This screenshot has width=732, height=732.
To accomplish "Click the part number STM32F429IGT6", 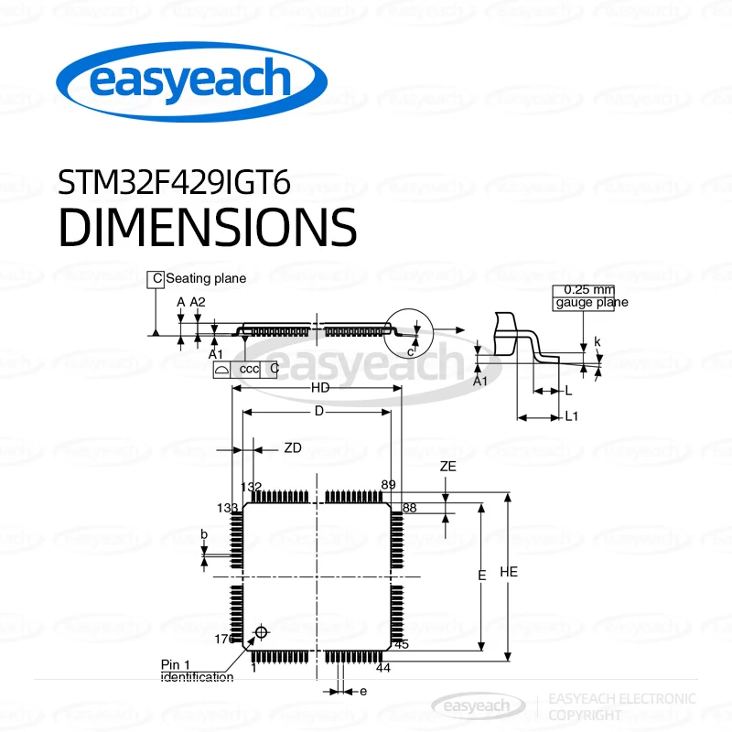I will [174, 182].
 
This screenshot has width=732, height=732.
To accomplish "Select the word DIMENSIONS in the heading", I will [208, 227].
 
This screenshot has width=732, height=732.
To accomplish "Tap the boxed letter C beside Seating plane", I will [156, 278].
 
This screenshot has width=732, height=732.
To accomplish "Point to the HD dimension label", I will [319, 388].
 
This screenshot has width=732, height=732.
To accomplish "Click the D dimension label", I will [319, 412].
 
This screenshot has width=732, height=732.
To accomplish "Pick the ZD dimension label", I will [292, 448].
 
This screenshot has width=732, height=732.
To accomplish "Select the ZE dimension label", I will [447, 466].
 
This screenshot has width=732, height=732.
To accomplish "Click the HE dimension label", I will [510, 572].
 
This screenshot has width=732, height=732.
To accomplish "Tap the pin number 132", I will [251, 487].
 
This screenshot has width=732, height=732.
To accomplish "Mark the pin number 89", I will [388, 485].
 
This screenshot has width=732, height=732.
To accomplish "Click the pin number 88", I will [409, 507].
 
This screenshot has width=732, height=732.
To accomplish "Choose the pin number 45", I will [402, 643].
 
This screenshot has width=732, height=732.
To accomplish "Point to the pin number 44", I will [383, 668].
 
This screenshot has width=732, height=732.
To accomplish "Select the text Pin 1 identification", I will [197, 671].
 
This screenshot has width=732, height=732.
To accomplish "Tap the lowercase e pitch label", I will [362, 692].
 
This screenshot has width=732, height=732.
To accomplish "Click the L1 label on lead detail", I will [572, 417].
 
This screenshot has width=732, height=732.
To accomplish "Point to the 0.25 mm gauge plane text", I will [590, 296].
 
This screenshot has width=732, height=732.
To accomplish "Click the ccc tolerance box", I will [249, 369].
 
